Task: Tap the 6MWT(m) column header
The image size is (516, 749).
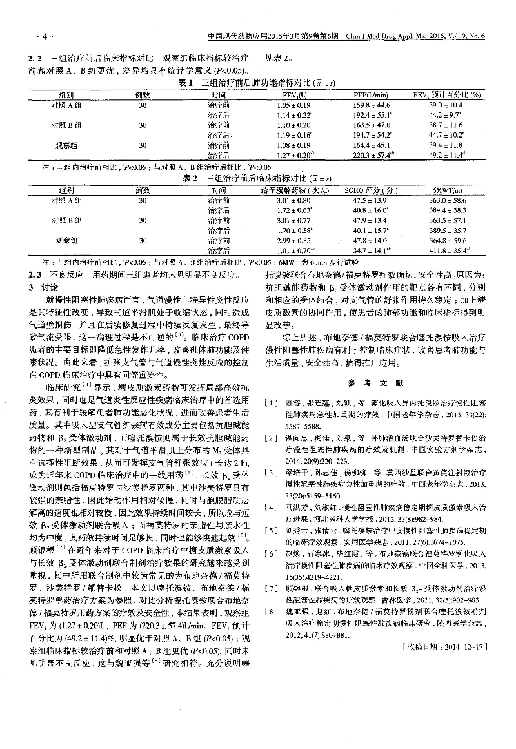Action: point(446,190)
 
